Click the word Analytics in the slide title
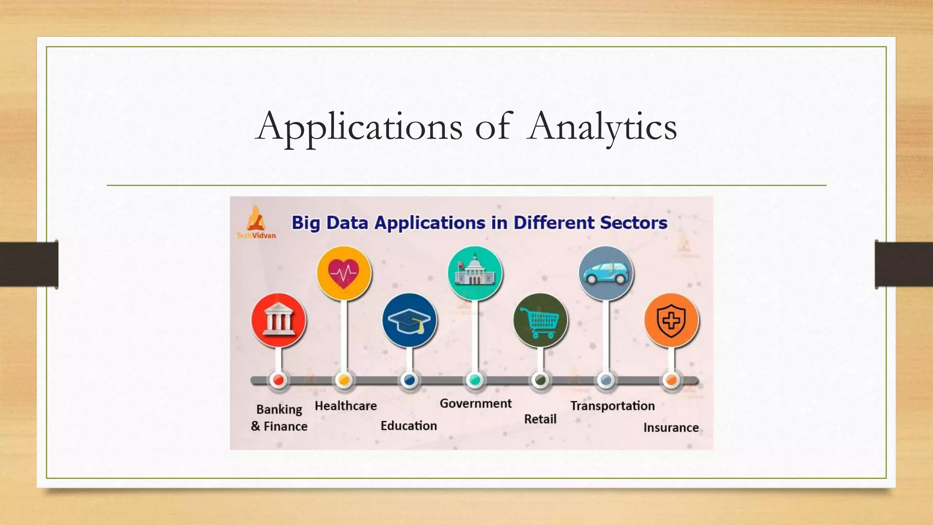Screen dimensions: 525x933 (x=602, y=127)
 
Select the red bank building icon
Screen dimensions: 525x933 (x=278, y=320)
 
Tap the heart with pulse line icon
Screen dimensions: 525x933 (x=344, y=273)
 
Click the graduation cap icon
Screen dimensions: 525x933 (x=409, y=320)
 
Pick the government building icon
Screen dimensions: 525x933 (x=475, y=273)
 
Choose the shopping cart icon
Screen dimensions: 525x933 (x=540, y=320)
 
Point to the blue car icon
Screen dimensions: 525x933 (x=605, y=273)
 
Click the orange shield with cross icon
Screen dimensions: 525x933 (x=671, y=320)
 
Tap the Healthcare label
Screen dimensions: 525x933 (x=346, y=406)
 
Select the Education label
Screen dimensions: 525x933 (x=409, y=426)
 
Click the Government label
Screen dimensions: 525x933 (x=476, y=403)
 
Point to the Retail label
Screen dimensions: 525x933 (x=540, y=419)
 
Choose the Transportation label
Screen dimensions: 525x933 (x=612, y=406)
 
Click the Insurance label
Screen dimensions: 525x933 (x=671, y=427)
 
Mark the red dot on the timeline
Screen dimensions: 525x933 (x=278, y=380)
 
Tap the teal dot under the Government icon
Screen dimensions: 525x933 (x=475, y=380)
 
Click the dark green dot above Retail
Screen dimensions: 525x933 (x=540, y=380)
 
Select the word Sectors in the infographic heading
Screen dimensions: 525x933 (x=633, y=223)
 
